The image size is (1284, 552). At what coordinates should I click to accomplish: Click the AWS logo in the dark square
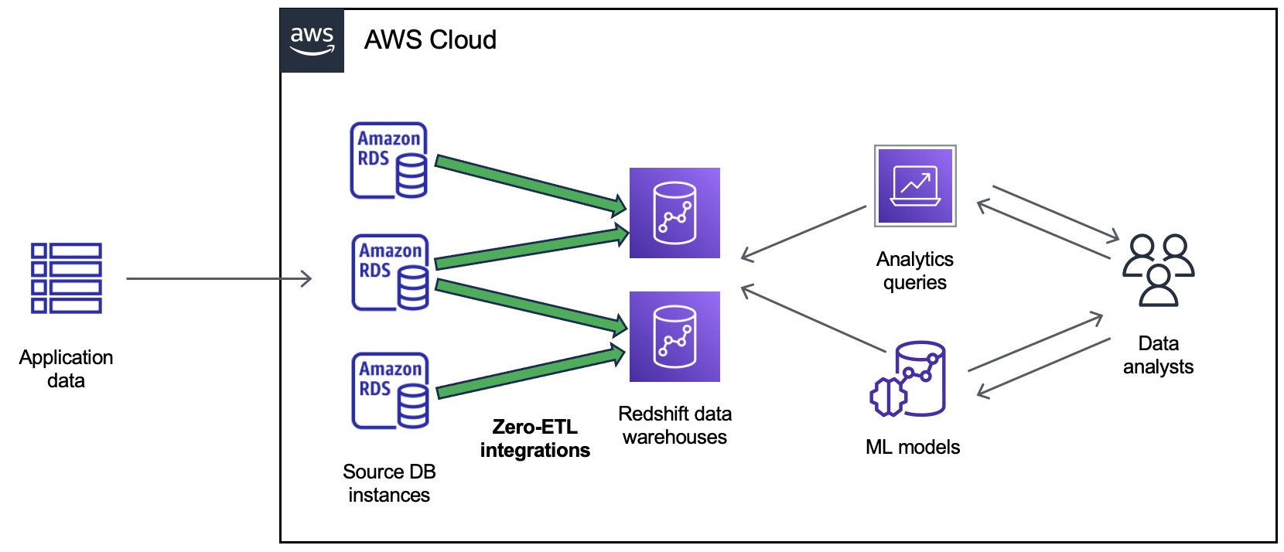point(312,41)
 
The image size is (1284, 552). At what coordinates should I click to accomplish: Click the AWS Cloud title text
point(430,40)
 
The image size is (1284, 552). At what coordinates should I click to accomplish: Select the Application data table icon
point(67,278)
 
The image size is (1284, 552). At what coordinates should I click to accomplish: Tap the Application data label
point(66,369)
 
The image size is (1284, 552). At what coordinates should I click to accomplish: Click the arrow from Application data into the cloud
point(219,278)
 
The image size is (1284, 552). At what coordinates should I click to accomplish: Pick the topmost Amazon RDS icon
point(389,161)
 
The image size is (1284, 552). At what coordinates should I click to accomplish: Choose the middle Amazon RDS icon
point(391,273)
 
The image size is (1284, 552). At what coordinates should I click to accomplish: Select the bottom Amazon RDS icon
point(391,391)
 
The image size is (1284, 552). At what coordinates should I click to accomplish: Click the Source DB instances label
point(389,483)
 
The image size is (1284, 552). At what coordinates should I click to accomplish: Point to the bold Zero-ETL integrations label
point(534,438)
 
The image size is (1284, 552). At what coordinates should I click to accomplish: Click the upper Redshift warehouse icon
point(674,213)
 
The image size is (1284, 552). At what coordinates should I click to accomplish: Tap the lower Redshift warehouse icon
point(674,337)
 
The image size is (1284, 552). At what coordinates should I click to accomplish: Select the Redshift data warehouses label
point(674,425)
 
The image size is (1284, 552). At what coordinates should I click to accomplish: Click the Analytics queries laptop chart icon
point(915,186)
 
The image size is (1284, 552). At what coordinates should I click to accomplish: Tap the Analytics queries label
point(914,271)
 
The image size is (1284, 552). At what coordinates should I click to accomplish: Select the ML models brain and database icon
point(910,379)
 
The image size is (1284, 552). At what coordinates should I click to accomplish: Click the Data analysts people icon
point(1158,271)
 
